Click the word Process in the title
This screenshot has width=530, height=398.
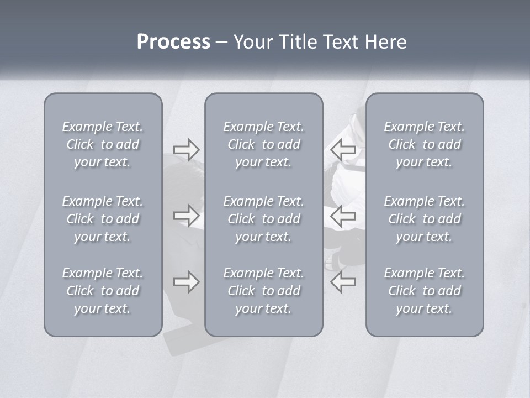pyautogui.click(x=173, y=42)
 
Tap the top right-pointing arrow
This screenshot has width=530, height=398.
pyautogui.click(x=186, y=150)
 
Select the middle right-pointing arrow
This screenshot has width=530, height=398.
pyautogui.click(x=186, y=215)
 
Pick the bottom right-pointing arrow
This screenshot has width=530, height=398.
pyautogui.click(x=186, y=282)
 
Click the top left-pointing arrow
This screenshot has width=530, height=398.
pyautogui.click(x=343, y=149)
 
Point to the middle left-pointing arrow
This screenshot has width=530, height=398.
pyautogui.click(x=343, y=215)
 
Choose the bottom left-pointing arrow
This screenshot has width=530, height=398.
pyautogui.click(x=343, y=282)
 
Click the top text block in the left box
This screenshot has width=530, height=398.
pyautogui.click(x=103, y=144)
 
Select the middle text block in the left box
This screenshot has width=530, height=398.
pyautogui.click(x=103, y=219)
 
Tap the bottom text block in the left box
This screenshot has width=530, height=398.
pyautogui.click(x=103, y=291)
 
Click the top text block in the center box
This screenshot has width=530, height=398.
pyautogui.click(x=263, y=144)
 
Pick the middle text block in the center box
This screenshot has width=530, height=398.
pyautogui.click(x=263, y=219)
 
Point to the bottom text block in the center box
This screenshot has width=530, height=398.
pyautogui.click(x=263, y=291)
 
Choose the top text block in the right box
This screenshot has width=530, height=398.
pyautogui.click(x=424, y=144)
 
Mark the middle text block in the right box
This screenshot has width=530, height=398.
pyautogui.click(x=424, y=219)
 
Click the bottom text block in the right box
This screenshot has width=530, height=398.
pyautogui.click(x=424, y=291)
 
